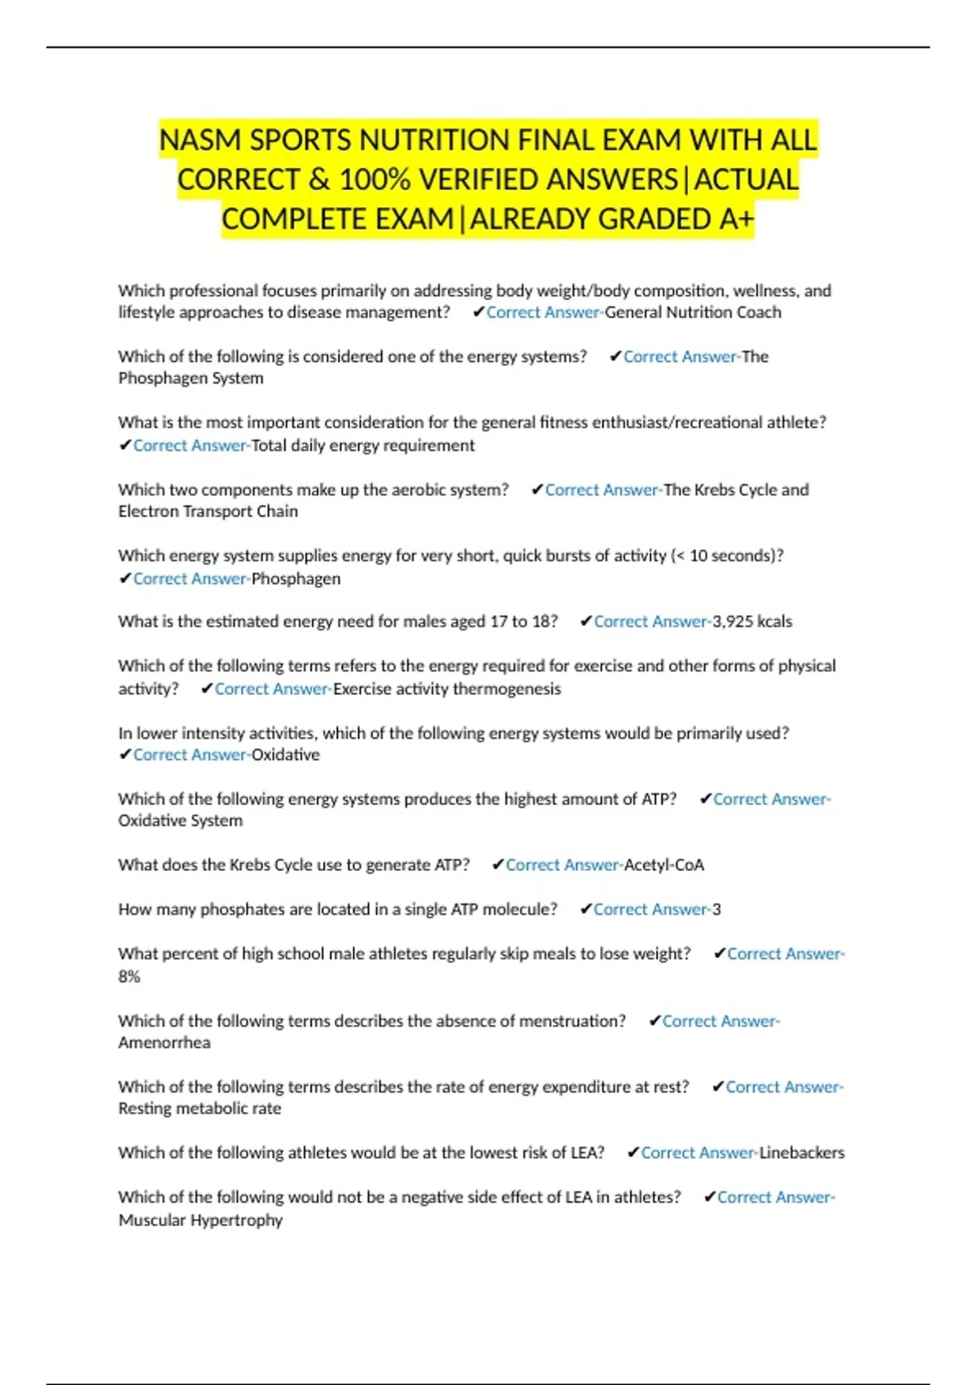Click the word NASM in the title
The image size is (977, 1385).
pyautogui.click(x=200, y=140)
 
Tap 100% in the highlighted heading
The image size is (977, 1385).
pyautogui.click(x=375, y=179)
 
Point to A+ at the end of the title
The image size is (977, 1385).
pyautogui.click(x=737, y=219)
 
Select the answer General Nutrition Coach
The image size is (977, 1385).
pyautogui.click(x=693, y=312)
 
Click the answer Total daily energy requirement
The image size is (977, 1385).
pyautogui.click(x=363, y=446)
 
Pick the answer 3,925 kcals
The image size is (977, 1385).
pyautogui.click(x=752, y=622)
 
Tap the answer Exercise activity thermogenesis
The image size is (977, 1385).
pyautogui.click(x=447, y=688)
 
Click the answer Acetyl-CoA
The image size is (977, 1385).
pyautogui.click(x=664, y=865)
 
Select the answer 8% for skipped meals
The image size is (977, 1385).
pyautogui.click(x=129, y=976)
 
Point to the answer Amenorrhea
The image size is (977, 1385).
pyautogui.click(x=164, y=1043)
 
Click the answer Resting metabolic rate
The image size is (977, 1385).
pyautogui.click(x=199, y=1109)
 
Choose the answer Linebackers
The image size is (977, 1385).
pyautogui.click(x=802, y=1153)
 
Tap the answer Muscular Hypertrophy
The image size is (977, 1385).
pyautogui.click(x=200, y=1220)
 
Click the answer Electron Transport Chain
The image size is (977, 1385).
pyautogui.click(x=208, y=512)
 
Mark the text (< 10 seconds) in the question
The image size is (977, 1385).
pyautogui.click(x=727, y=556)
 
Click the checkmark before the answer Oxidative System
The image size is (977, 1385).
pyautogui.click(x=706, y=799)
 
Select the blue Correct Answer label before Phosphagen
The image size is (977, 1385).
pyautogui.click(x=191, y=578)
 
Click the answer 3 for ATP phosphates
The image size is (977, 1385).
pyautogui.click(x=716, y=909)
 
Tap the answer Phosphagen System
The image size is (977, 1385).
pyautogui.click(x=191, y=378)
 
